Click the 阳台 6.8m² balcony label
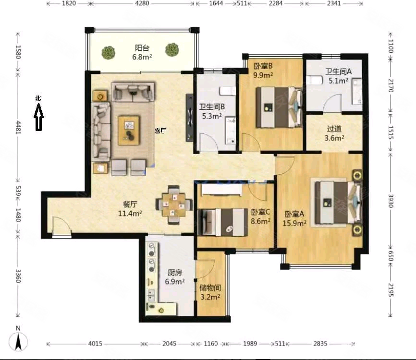142,52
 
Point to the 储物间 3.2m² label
210,292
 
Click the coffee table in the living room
129,130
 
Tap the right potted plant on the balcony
172,49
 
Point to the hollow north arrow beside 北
38,119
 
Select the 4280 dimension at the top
143,4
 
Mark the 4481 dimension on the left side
18,128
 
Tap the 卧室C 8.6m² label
261,216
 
